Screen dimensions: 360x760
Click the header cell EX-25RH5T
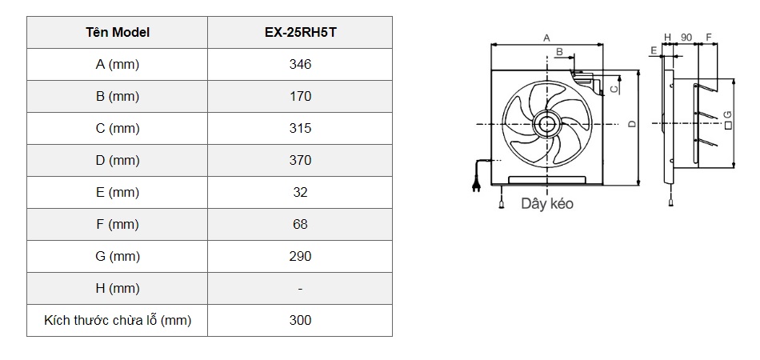[300, 33]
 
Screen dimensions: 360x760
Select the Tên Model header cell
[117, 33]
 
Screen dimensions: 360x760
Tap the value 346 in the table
[300, 65]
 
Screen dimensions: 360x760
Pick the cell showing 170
[300, 97]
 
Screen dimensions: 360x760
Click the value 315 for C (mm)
[300, 128]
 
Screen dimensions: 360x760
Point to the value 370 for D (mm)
[300, 160]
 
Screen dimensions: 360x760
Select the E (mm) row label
[117, 192]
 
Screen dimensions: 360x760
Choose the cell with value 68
[300, 224]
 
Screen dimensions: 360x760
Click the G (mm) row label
[117, 256]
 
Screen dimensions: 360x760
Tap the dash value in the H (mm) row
[300, 288]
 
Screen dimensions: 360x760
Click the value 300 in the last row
[300, 320]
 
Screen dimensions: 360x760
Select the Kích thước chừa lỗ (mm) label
[117, 320]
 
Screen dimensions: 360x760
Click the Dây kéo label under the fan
[546, 203]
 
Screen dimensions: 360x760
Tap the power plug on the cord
[477, 183]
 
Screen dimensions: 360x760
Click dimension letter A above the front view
[546, 38]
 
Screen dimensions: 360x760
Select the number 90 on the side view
[686, 38]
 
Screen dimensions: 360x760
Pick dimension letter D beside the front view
[631, 124]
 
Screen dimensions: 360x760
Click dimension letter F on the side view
[709, 38]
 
